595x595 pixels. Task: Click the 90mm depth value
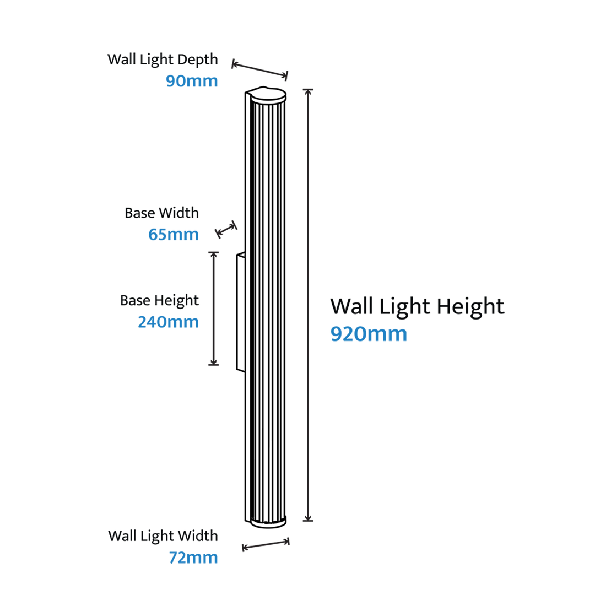(x=192, y=81)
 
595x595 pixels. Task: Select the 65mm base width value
(x=174, y=235)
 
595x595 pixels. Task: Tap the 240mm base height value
(x=168, y=322)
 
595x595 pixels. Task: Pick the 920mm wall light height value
(x=369, y=334)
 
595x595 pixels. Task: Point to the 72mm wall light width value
(x=193, y=558)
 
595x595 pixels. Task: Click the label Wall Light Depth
(x=163, y=60)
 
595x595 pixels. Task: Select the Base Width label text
(x=161, y=213)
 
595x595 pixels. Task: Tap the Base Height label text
(x=159, y=301)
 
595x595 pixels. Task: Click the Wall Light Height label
(x=418, y=307)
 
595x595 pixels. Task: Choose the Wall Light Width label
(x=163, y=536)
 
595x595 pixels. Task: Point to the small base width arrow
(x=226, y=229)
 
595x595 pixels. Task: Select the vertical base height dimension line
(x=214, y=308)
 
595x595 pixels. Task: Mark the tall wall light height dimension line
(x=308, y=305)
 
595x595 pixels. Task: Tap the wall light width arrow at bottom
(x=266, y=544)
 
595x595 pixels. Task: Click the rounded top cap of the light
(x=268, y=95)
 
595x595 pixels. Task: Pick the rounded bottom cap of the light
(x=268, y=522)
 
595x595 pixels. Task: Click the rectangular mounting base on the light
(x=241, y=313)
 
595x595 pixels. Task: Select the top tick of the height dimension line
(x=308, y=90)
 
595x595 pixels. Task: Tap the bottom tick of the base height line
(x=214, y=365)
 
